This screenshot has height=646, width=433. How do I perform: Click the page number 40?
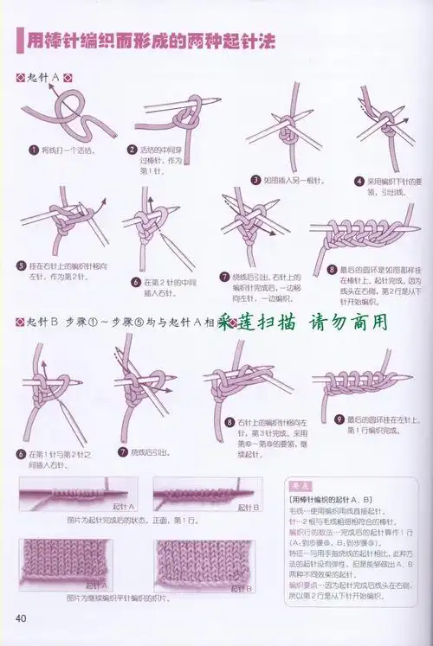pyautogui.click(x=22, y=617)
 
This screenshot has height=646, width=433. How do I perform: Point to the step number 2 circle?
pyautogui.click(x=132, y=150)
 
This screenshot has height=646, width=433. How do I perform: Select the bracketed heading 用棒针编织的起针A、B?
pyautogui.click(x=329, y=500)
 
